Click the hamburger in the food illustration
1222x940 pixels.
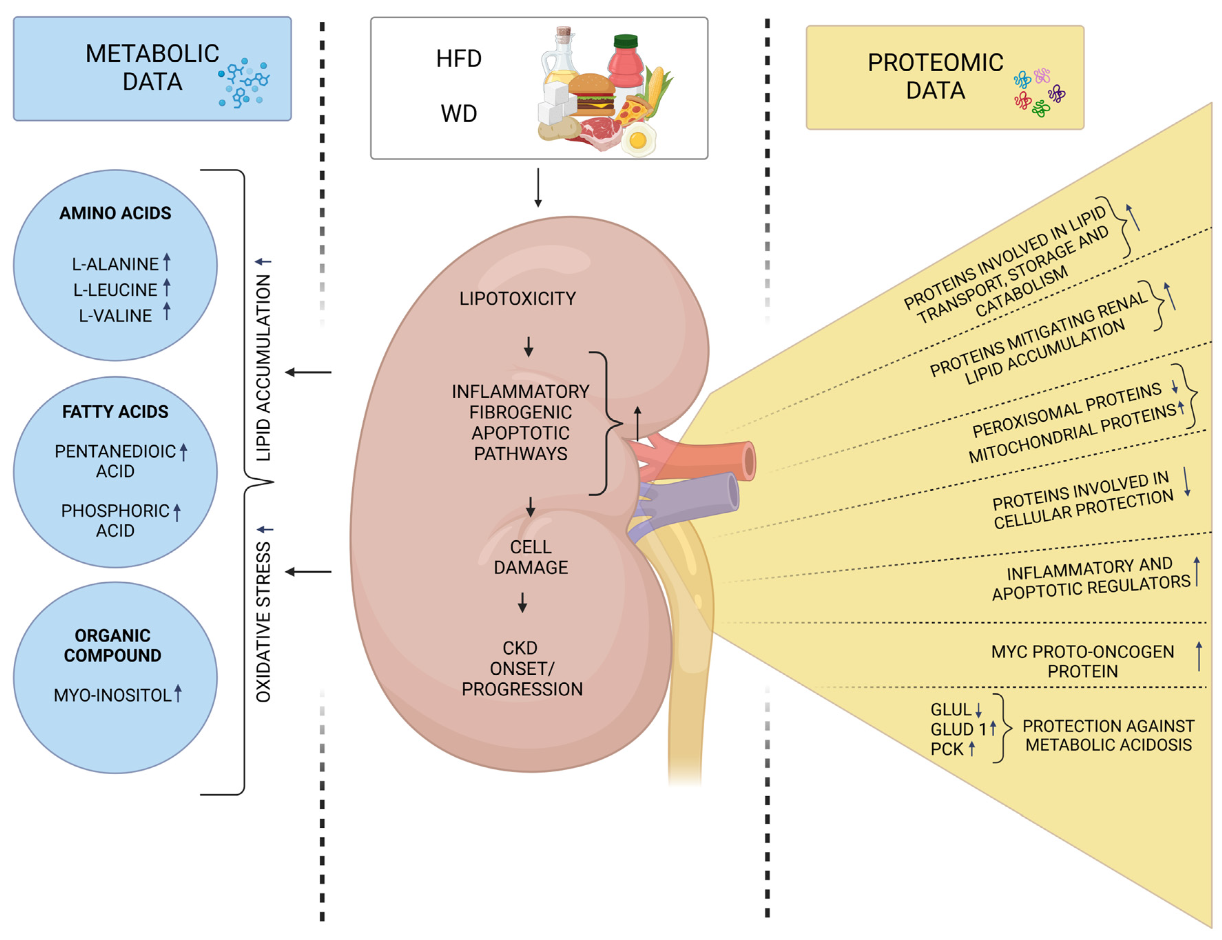[x=592, y=95]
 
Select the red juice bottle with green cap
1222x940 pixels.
[x=625, y=64]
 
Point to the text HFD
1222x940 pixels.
[x=459, y=59]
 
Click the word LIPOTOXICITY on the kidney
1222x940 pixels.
[x=517, y=299]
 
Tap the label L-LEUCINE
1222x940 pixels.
[x=115, y=290]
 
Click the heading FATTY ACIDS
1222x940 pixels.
[x=115, y=412]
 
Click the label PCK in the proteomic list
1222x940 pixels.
[x=946, y=749]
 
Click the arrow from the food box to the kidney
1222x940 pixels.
[x=538, y=187]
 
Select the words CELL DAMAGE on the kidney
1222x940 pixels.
[x=530, y=557]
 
